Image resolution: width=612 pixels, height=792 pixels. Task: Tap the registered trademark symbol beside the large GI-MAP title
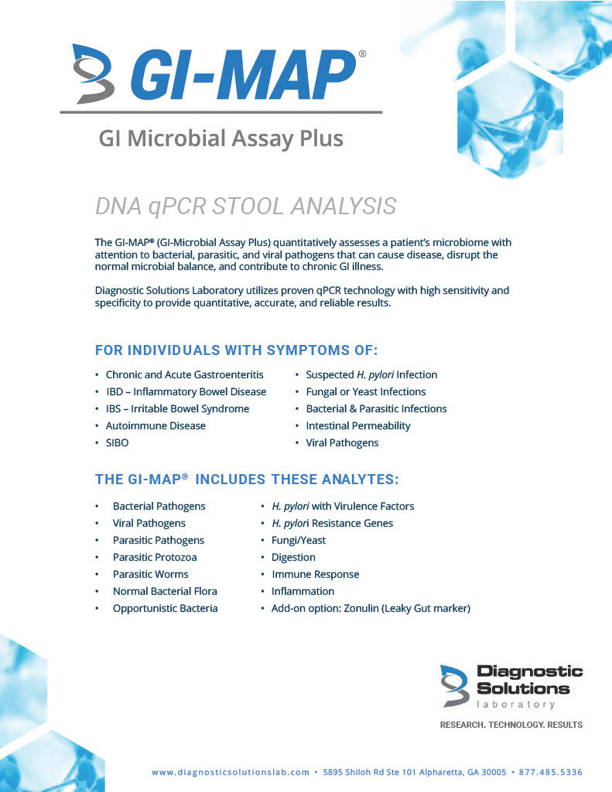363,54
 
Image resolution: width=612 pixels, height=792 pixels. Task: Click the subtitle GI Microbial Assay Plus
221,138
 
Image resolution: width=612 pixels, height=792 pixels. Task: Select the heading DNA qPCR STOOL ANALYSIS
245,207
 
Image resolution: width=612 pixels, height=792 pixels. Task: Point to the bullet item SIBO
117,443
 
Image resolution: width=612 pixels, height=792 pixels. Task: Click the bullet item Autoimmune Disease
156,426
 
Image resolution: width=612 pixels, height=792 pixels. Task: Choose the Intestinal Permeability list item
357,426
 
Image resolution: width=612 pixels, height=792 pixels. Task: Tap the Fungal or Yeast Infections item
365,392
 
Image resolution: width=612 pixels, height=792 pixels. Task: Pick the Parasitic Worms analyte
150,575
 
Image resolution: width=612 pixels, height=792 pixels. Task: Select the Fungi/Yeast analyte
298,541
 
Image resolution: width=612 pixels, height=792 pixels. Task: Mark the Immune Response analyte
315,575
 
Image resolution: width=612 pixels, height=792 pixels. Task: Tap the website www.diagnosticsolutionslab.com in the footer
231,773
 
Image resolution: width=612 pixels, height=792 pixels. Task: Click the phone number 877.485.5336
552,773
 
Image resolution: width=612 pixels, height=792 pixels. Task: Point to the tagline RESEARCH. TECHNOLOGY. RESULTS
511,725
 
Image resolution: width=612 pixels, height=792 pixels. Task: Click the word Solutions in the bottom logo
523,688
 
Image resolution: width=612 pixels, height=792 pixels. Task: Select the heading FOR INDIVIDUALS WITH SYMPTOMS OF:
236,350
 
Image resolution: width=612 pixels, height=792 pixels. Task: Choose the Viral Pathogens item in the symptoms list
342,443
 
